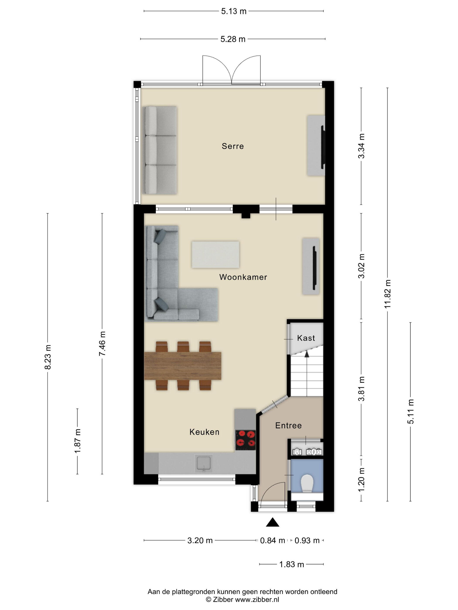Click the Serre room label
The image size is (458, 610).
pyautogui.click(x=233, y=146)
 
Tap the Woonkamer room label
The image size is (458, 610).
pyautogui.click(x=243, y=277)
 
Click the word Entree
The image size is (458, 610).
pyautogui.click(x=288, y=425)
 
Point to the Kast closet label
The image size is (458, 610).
pyautogui.click(x=306, y=338)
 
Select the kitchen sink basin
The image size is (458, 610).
pyautogui.click(x=204, y=463)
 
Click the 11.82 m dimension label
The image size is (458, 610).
pyautogui.click(x=388, y=294)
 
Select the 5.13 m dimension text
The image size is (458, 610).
pyautogui.click(x=234, y=11)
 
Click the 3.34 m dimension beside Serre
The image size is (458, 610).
pyautogui.click(x=361, y=146)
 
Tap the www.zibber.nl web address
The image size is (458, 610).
pyautogui.click(x=257, y=599)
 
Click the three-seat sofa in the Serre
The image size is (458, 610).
pyautogui.click(x=161, y=150)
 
